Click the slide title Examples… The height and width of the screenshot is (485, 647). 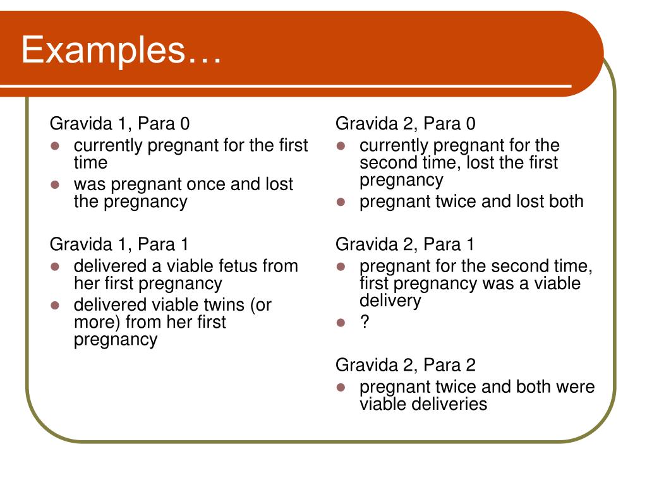tap(121, 50)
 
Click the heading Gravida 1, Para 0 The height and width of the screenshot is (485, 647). tap(119, 123)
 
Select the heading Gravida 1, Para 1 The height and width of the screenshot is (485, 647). tap(119, 244)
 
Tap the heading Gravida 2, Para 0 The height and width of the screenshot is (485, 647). tap(406, 123)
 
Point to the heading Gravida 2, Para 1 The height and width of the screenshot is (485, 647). tap(405, 244)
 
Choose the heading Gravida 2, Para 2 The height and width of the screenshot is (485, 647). tap(406, 365)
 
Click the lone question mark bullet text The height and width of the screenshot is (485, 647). tap(365, 322)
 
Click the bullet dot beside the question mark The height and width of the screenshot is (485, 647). tap(341, 323)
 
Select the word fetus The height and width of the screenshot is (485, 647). tap(236, 266)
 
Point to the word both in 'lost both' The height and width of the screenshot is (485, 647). tap(564, 201)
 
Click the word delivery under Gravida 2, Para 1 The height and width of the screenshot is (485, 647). tap(390, 300)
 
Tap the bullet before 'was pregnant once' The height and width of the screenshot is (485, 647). tap(55, 184)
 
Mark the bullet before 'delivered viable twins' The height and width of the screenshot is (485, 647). tap(55, 305)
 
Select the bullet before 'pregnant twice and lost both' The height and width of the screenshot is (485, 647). tap(341, 202)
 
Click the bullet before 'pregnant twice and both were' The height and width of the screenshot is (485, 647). tap(341, 387)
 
